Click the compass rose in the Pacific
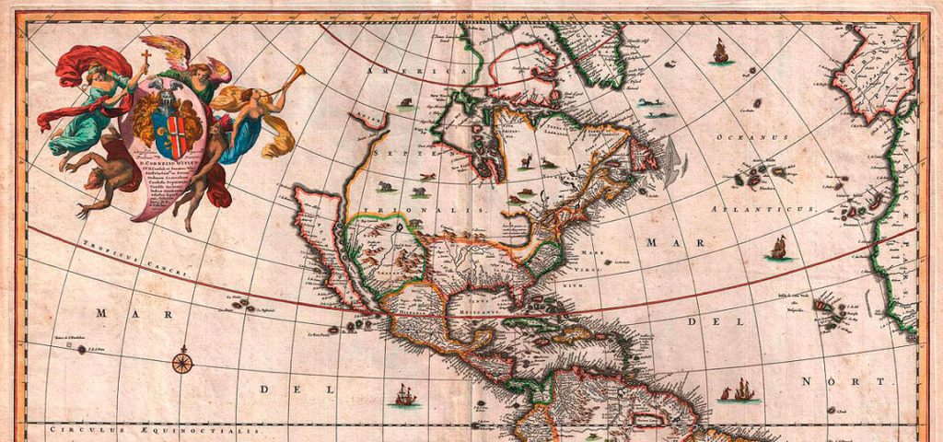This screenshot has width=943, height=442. point(183,360)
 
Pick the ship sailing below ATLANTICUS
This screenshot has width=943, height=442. point(779,247)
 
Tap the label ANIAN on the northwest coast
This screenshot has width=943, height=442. point(369,117)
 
